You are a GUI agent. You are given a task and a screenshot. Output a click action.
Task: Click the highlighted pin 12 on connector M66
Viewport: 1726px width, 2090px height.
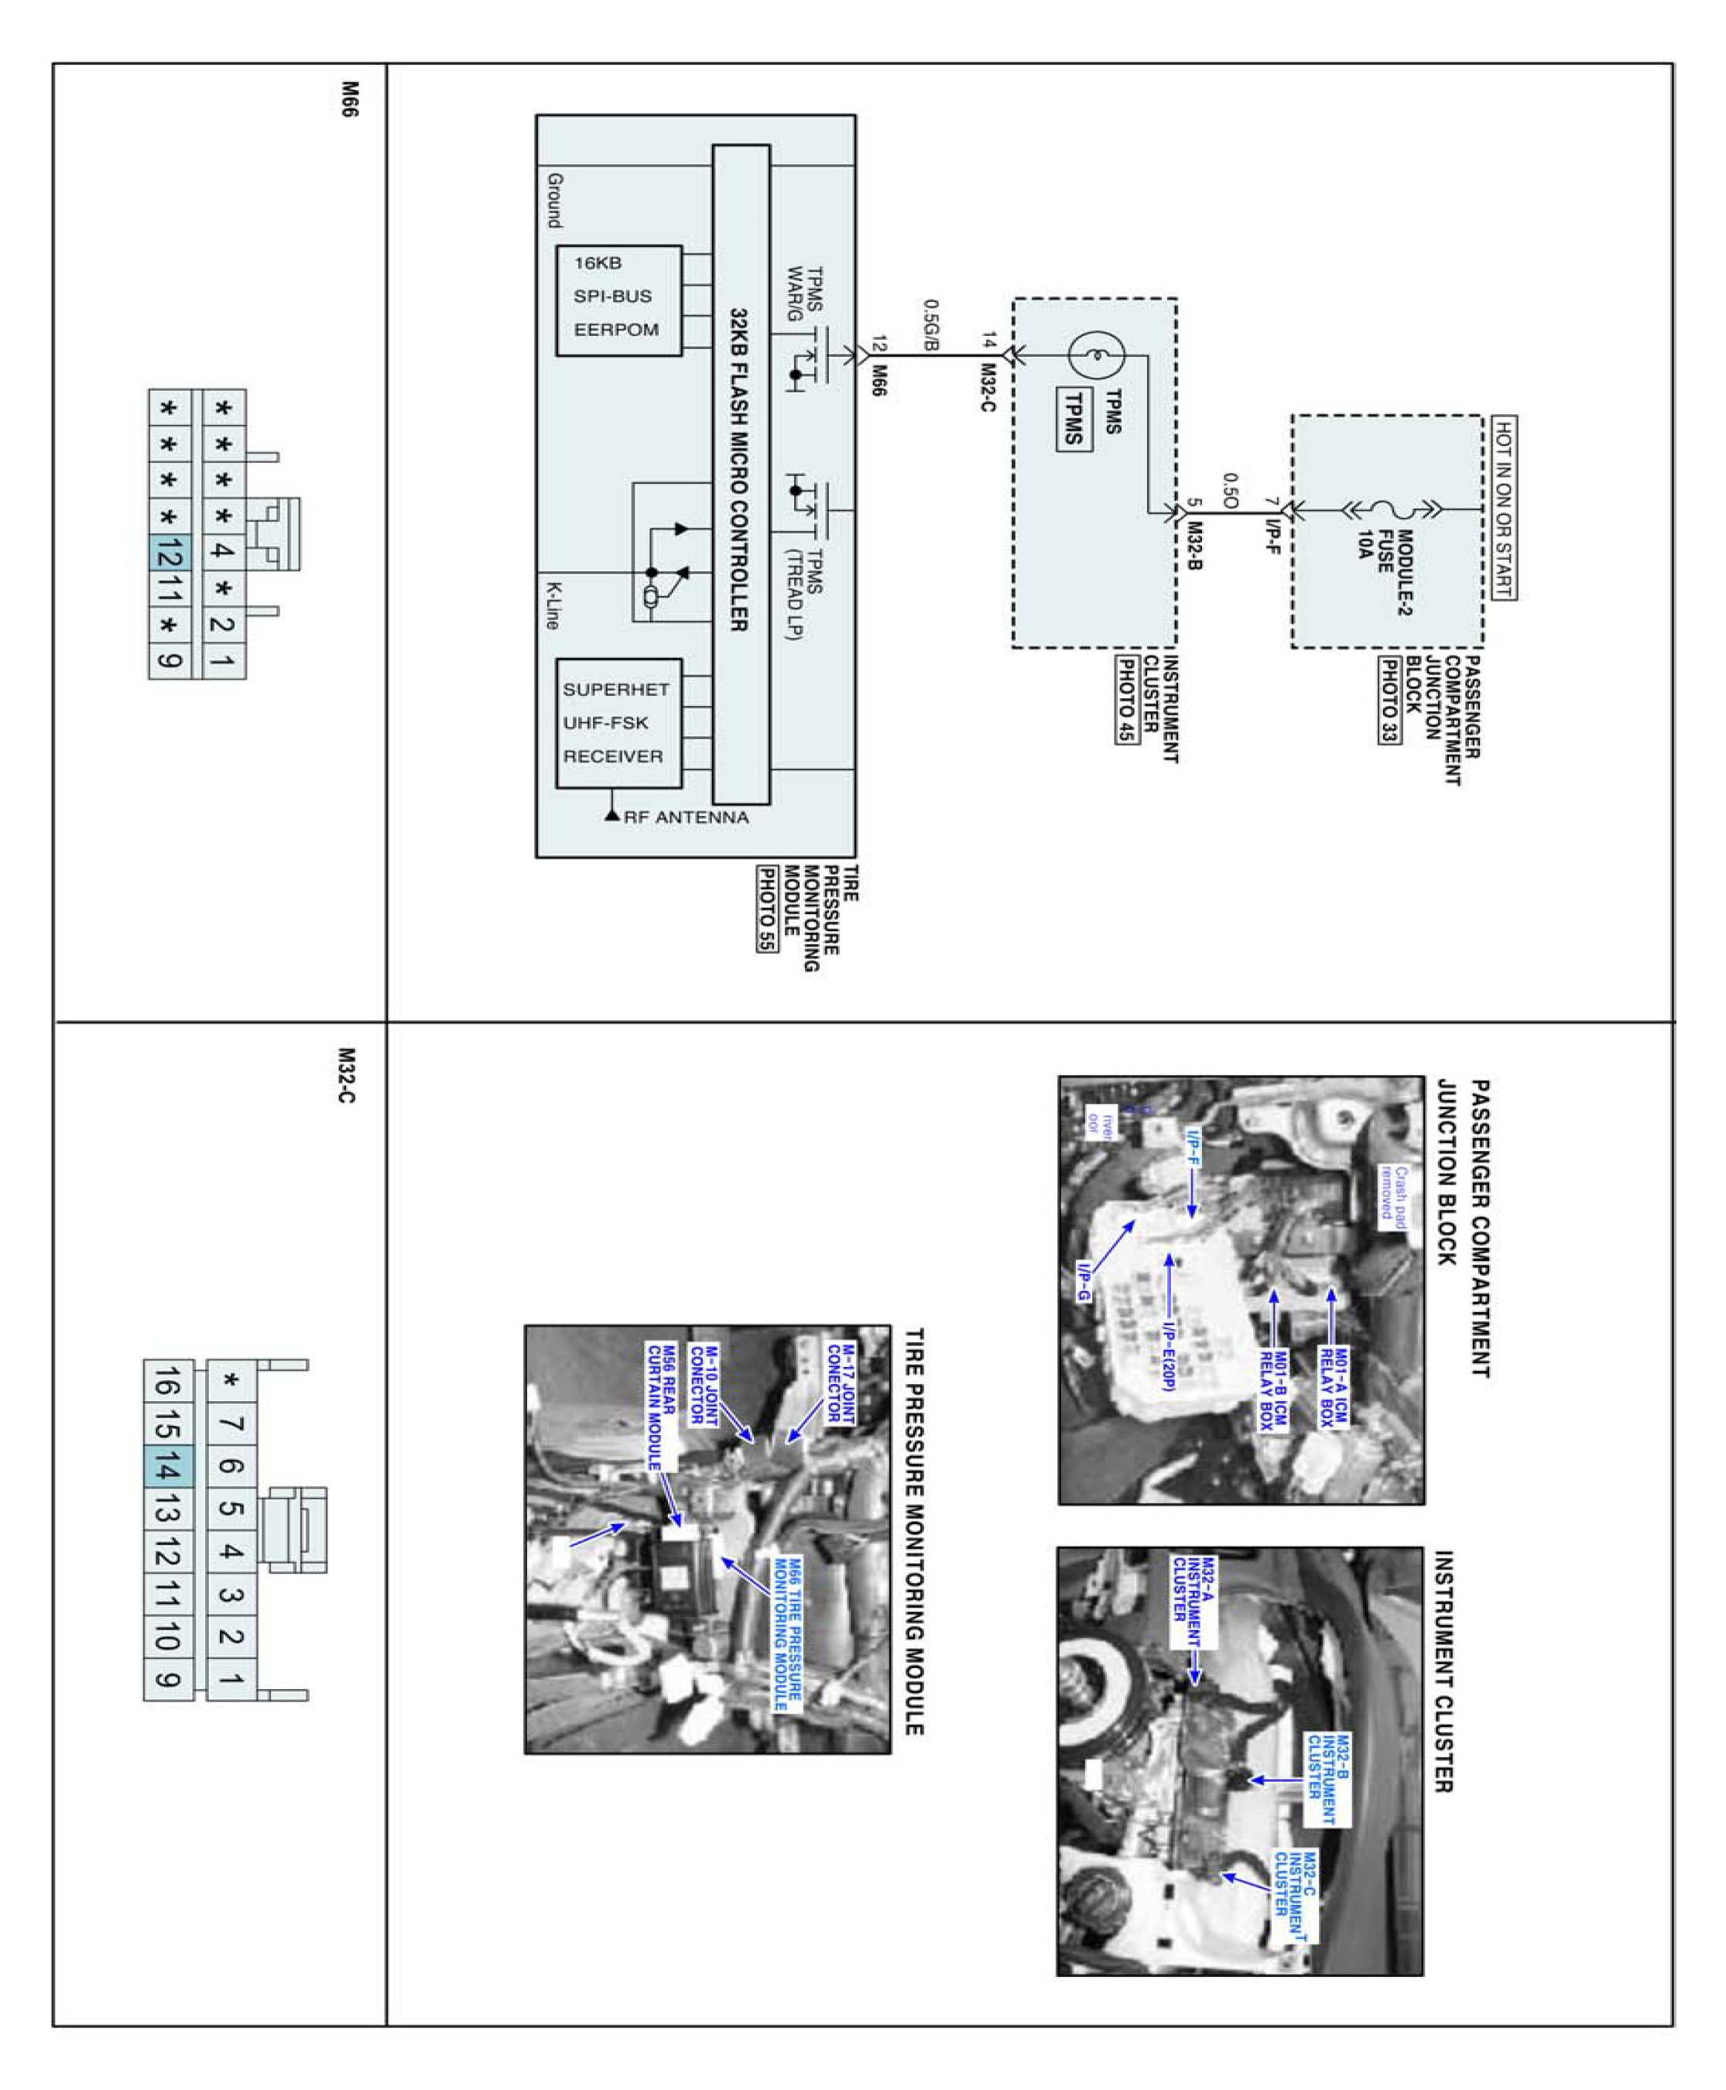click(x=169, y=552)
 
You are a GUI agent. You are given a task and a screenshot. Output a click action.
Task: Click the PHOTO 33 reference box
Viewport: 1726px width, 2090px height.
click(x=1388, y=700)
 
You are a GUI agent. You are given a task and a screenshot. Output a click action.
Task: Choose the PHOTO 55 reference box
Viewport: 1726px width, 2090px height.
click(x=765, y=910)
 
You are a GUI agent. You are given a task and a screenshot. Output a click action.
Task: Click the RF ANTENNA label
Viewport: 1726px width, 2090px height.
click(x=685, y=817)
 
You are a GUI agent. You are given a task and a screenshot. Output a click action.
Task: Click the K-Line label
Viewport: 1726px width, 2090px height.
click(x=551, y=605)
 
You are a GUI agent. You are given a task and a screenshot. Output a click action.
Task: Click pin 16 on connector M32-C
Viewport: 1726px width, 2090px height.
click(x=167, y=1382)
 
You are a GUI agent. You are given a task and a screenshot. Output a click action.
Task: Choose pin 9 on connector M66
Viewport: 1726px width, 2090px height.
click(x=169, y=660)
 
